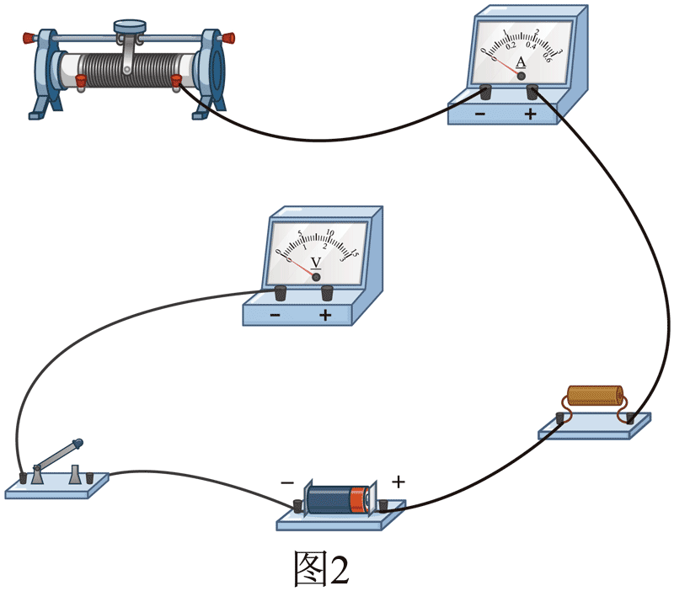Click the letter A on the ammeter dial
tap(521, 61)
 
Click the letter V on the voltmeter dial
tap(317, 262)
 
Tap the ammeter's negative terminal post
tap(485, 92)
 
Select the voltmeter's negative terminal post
tap(281, 293)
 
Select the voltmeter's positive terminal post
tap(327, 293)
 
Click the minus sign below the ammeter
tap(479, 114)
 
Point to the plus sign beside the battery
tap(399, 482)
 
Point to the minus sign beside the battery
tap(287, 483)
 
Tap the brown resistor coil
tap(595, 397)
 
